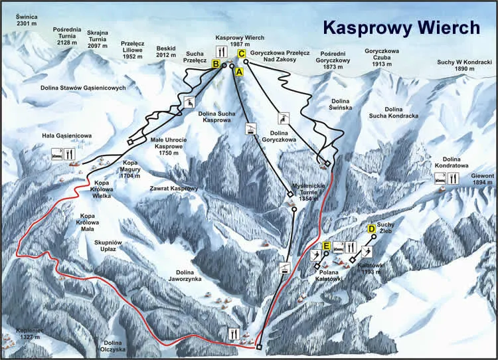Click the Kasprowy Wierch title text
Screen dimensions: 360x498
tap(400, 27)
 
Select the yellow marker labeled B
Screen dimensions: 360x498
tap(216, 64)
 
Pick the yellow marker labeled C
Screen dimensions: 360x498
tap(241, 52)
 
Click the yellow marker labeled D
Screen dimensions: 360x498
tap(371, 229)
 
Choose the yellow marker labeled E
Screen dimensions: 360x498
tap(326, 246)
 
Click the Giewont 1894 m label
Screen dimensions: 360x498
tap(483, 179)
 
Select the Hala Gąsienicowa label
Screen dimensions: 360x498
tap(66, 136)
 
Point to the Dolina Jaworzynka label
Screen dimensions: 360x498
tap(194, 274)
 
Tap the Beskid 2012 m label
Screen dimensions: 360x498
tap(166, 52)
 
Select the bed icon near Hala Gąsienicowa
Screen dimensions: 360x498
tap(57, 155)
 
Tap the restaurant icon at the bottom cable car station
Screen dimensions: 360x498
tap(234, 333)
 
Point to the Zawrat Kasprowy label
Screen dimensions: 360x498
tap(175, 189)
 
